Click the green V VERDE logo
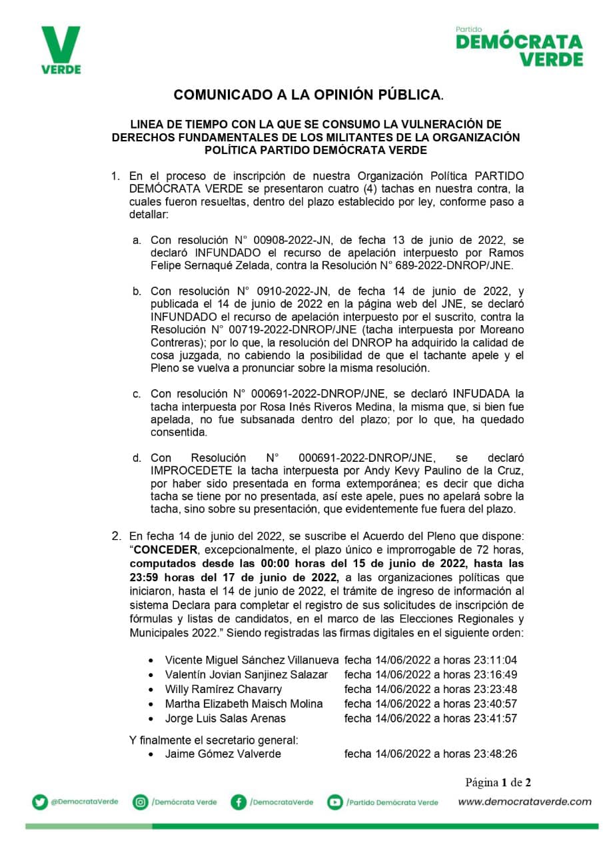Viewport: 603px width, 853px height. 61,50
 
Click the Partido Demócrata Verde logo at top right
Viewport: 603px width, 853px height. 519,47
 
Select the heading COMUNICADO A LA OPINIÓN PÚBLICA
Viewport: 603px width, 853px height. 308,95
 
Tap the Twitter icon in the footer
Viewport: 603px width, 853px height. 40,802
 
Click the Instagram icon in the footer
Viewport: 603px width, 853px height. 141,802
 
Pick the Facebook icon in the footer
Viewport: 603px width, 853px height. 239,802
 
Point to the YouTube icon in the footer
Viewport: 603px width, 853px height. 334,802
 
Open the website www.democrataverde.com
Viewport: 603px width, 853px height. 524,802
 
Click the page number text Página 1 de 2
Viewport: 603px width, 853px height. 498,782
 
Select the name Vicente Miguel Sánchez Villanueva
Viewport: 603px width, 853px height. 252,660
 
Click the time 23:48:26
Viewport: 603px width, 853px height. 496,754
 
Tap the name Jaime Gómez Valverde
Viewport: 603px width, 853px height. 223,754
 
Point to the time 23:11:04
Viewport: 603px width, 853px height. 496,660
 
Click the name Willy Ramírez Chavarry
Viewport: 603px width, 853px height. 223,689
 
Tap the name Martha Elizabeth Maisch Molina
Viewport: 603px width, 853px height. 244,704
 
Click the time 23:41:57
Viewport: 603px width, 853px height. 496,718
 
